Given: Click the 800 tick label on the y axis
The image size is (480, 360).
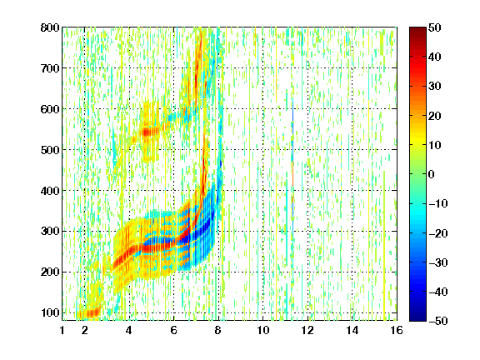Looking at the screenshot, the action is pyautogui.click(x=50, y=27).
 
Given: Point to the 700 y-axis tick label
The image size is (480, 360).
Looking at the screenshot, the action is pyautogui.click(x=50, y=68).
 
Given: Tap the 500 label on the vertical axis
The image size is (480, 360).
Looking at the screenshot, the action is pyautogui.click(x=50, y=150).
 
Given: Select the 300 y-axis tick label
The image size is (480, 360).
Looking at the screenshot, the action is pyautogui.click(x=50, y=232).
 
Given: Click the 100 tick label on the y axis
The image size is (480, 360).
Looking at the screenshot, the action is pyautogui.click(x=50, y=312).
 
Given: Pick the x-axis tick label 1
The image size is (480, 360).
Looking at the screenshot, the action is pyautogui.click(x=62, y=330).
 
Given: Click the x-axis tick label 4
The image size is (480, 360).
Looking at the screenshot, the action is pyautogui.click(x=129, y=330).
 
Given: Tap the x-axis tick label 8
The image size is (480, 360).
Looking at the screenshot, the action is pyautogui.click(x=218, y=330).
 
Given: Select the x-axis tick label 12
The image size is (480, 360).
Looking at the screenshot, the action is pyautogui.click(x=307, y=330).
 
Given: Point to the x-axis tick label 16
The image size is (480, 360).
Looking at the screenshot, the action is pyautogui.click(x=397, y=330).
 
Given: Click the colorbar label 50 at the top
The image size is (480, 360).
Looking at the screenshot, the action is pyautogui.click(x=435, y=27).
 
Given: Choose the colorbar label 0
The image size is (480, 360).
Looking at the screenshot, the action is pyautogui.click(x=432, y=174).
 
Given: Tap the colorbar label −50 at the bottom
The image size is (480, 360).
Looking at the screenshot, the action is pyautogui.click(x=438, y=321).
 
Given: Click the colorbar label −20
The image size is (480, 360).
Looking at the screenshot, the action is pyautogui.click(x=438, y=233).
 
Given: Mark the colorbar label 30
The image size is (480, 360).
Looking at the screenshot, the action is pyautogui.click(x=435, y=87).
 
